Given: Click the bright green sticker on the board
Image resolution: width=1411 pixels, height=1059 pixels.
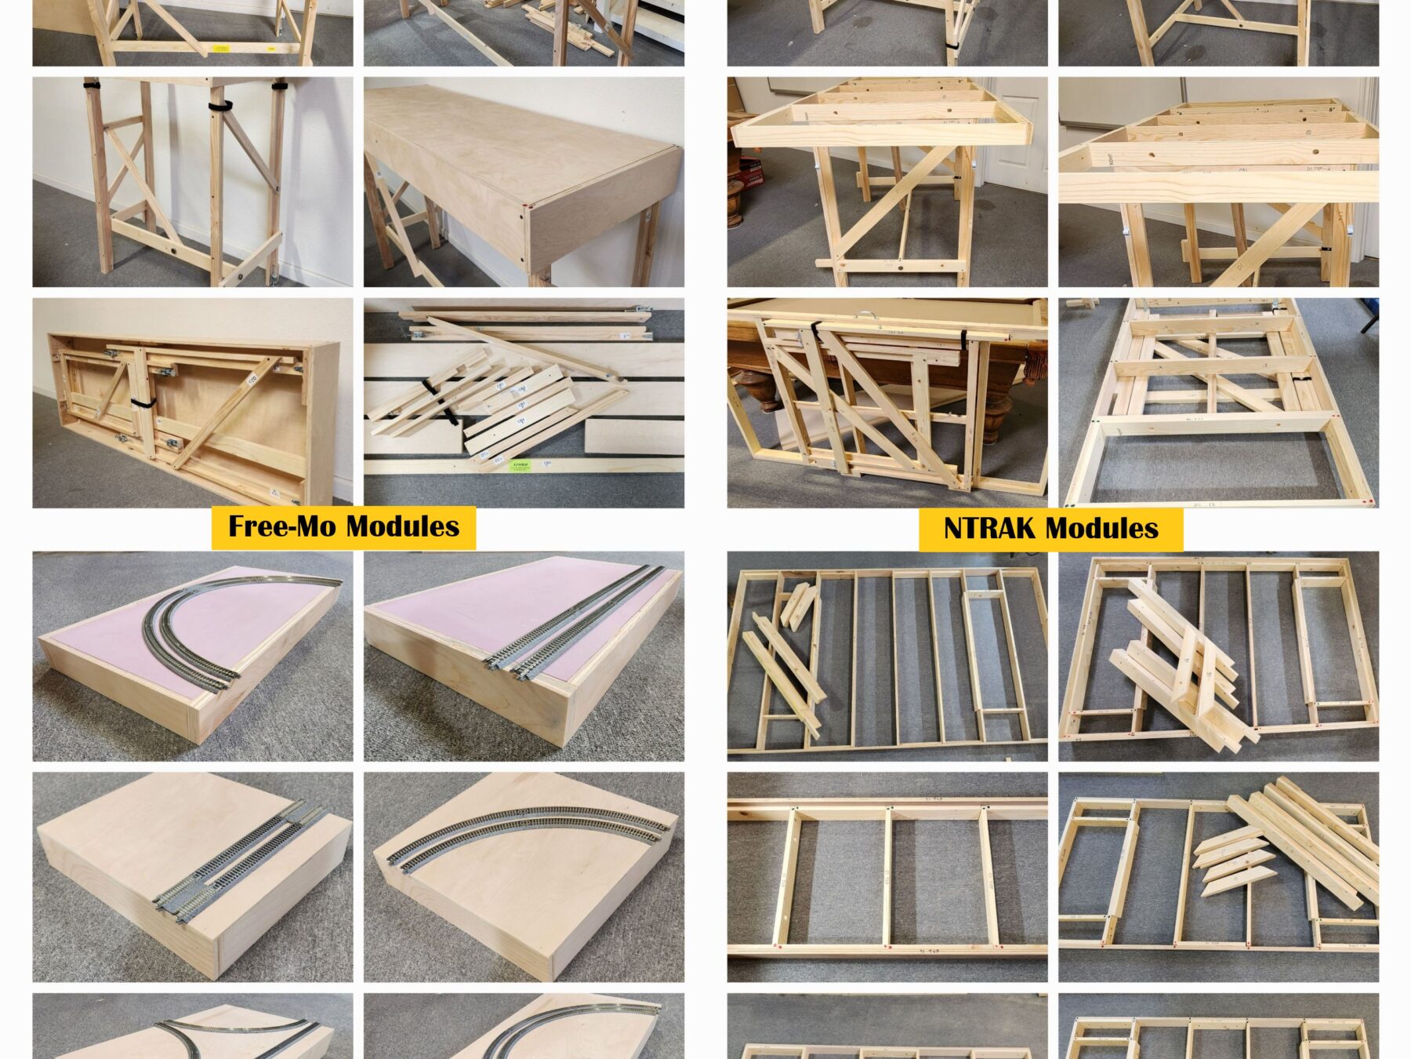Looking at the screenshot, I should (519, 466).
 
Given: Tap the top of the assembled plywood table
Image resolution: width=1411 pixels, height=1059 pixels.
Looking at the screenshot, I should (502, 157).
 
